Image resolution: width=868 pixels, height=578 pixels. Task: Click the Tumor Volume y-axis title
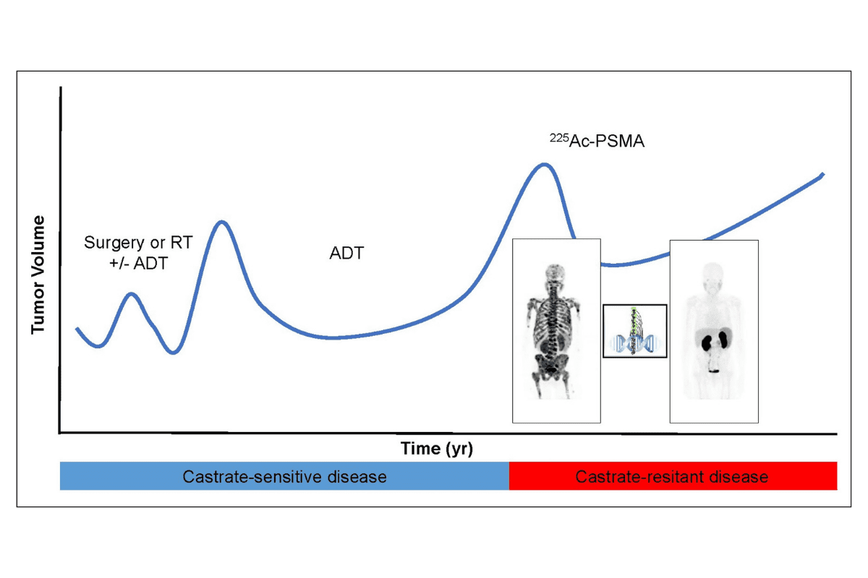[38, 275]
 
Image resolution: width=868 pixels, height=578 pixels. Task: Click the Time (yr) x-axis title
[437, 449]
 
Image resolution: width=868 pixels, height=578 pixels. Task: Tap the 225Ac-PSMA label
[597, 141]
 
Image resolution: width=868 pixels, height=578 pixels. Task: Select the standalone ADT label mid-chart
[346, 253]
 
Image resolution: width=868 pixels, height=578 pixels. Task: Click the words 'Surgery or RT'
[138, 243]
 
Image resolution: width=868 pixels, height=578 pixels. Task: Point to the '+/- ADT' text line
[138, 263]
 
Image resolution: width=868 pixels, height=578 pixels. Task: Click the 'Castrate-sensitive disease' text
[284, 477]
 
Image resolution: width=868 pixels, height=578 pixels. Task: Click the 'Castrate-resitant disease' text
[671, 477]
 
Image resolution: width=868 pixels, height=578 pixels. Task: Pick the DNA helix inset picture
[635, 331]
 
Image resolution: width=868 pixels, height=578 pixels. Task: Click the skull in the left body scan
[556, 272]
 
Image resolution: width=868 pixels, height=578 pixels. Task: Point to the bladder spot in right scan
[714, 371]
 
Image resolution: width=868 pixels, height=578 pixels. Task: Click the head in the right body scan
[713, 272]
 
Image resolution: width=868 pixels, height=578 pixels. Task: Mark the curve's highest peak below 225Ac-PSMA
[545, 165]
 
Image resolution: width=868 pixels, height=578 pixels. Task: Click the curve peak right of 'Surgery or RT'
[222, 223]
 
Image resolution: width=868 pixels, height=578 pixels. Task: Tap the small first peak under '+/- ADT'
[132, 294]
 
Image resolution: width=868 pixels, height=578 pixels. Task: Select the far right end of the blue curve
[823, 174]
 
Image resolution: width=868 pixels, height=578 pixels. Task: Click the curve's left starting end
[77, 329]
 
